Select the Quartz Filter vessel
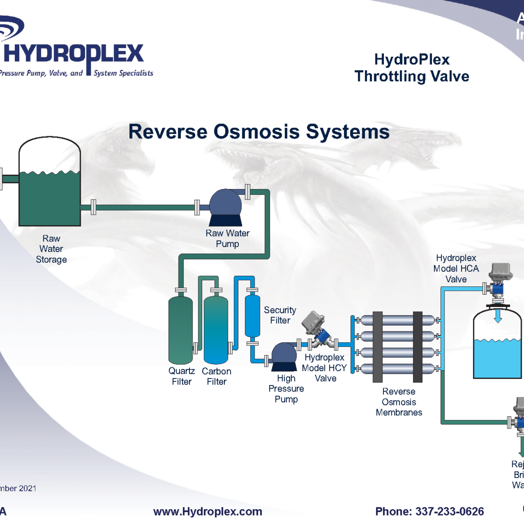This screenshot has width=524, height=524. pyautogui.click(x=180, y=330)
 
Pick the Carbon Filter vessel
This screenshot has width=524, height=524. pyautogui.click(x=216, y=330)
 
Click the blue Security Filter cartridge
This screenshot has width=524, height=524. pyautogui.click(x=252, y=315)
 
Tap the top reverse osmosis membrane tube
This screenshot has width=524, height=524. pyautogui.click(x=398, y=321)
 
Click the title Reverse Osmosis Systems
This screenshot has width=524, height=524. pyautogui.click(x=259, y=131)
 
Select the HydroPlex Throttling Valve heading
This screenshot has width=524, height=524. pyautogui.click(x=412, y=68)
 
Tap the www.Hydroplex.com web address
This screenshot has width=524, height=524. pyautogui.click(x=208, y=511)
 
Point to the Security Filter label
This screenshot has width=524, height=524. pyautogui.click(x=280, y=315)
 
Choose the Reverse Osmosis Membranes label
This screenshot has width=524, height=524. pyautogui.click(x=399, y=402)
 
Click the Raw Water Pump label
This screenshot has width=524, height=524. pyautogui.click(x=228, y=238)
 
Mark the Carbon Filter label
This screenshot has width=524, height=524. pyautogui.click(x=217, y=376)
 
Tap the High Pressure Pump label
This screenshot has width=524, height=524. pyautogui.click(x=286, y=389)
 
